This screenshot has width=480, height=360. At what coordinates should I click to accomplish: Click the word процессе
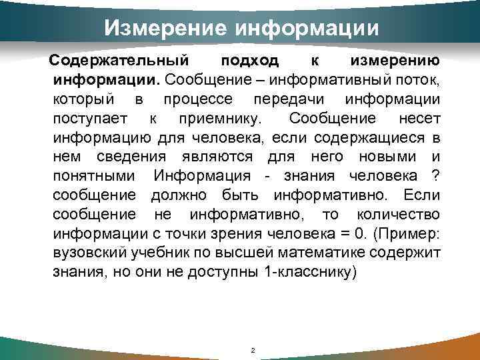point(197,100)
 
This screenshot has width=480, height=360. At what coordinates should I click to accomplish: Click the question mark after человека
point(435,177)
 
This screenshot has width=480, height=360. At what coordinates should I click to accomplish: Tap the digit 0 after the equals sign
point(361,234)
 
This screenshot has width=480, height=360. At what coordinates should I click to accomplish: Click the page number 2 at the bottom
point(252,351)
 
